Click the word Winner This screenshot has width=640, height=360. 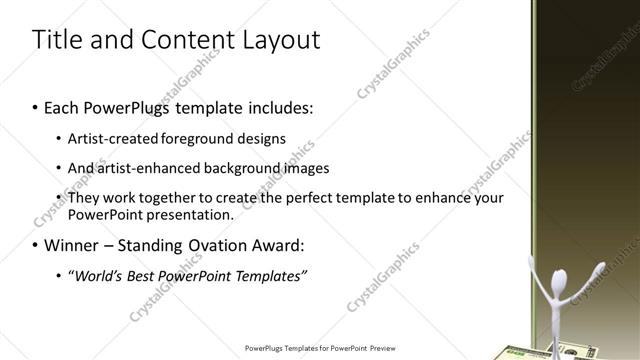(65, 245)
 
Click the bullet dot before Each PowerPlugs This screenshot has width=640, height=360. (35, 107)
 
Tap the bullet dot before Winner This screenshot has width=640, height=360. (35, 246)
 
